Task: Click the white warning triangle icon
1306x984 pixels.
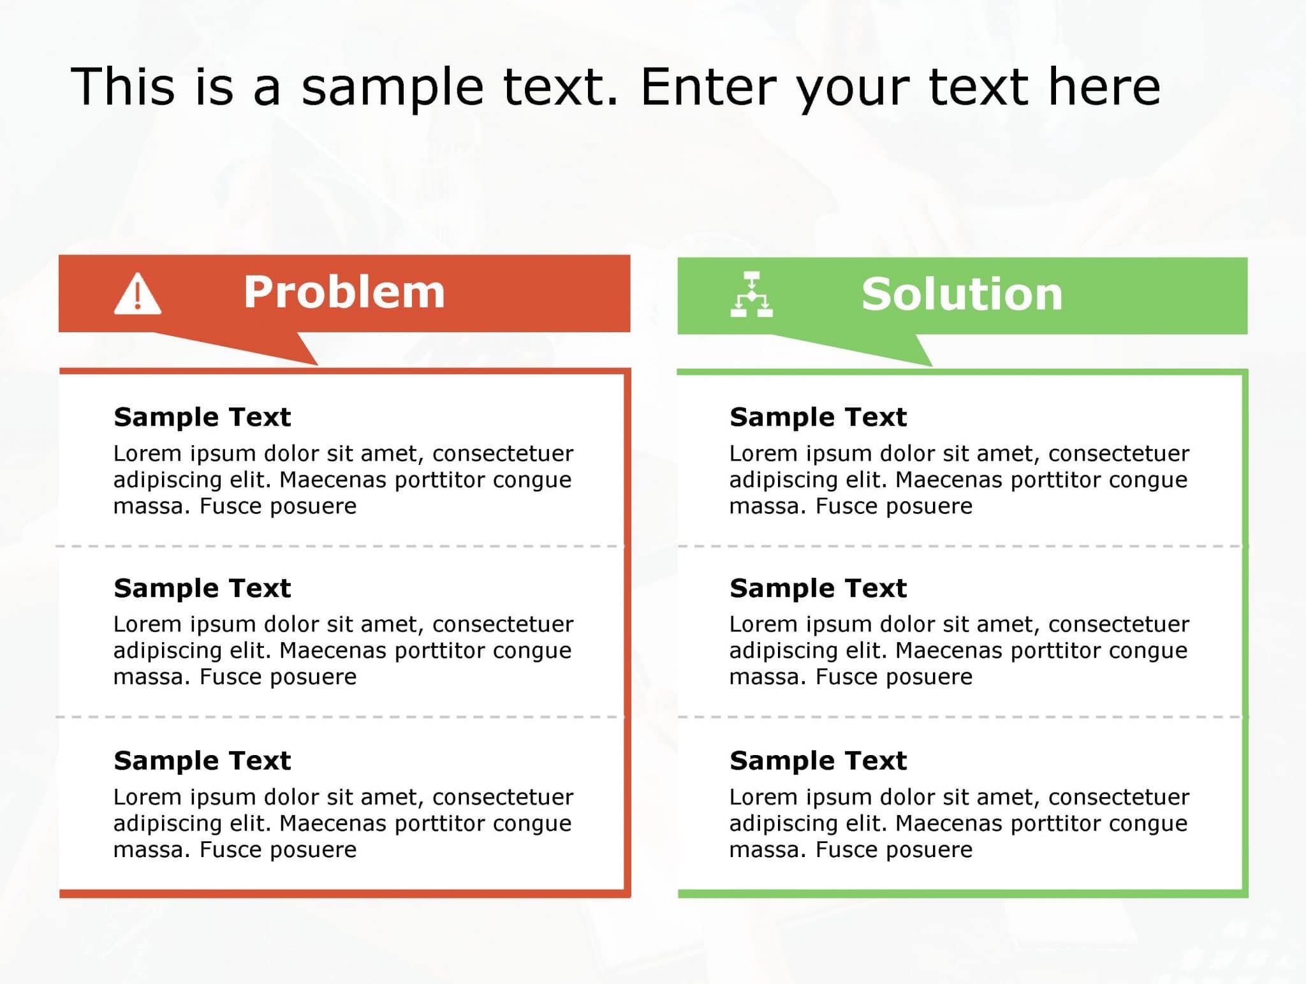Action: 138,295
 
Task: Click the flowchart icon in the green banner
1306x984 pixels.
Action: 752,295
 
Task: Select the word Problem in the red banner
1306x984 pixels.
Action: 344,293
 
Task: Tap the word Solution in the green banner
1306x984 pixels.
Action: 962,295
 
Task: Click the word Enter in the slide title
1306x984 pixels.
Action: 708,87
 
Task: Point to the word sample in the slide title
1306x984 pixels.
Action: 393,88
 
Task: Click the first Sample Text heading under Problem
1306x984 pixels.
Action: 202,417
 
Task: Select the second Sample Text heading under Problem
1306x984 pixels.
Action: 202,588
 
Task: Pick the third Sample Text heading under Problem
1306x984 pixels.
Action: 202,761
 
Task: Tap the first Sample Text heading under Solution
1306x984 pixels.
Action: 818,417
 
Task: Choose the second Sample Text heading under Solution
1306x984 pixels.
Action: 818,588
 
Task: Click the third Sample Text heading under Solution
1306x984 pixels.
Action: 818,761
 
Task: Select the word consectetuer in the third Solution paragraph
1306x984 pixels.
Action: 1119,797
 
